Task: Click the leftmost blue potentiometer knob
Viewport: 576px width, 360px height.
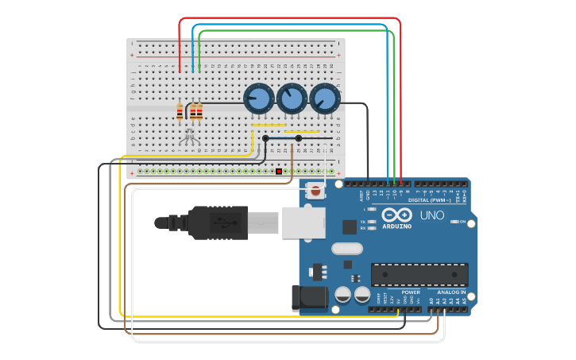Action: click(x=259, y=99)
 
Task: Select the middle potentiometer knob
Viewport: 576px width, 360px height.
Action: click(x=292, y=99)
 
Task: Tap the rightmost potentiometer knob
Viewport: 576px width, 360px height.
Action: click(x=324, y=99)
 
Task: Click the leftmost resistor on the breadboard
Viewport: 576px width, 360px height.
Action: click(x=180, y=111)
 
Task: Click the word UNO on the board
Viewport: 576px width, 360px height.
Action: click(x=431, y=215)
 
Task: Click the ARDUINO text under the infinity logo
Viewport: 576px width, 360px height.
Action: click(x=396, y=226)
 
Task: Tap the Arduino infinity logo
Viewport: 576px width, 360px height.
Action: click(x=396, y=215)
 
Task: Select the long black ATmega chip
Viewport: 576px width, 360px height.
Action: click(x=419, y=274)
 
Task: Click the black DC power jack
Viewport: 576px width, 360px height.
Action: click(x=309, y=298)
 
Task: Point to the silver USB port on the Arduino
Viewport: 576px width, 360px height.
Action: click(x=303, y=222)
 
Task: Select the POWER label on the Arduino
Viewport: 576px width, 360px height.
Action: click(x=411, y=292)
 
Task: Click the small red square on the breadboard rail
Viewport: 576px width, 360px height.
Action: click(x=279, y=171)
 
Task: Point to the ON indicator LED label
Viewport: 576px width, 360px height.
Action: click(x=462, y=222)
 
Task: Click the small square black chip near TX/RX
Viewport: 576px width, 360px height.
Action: click(x=350, y=226)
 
